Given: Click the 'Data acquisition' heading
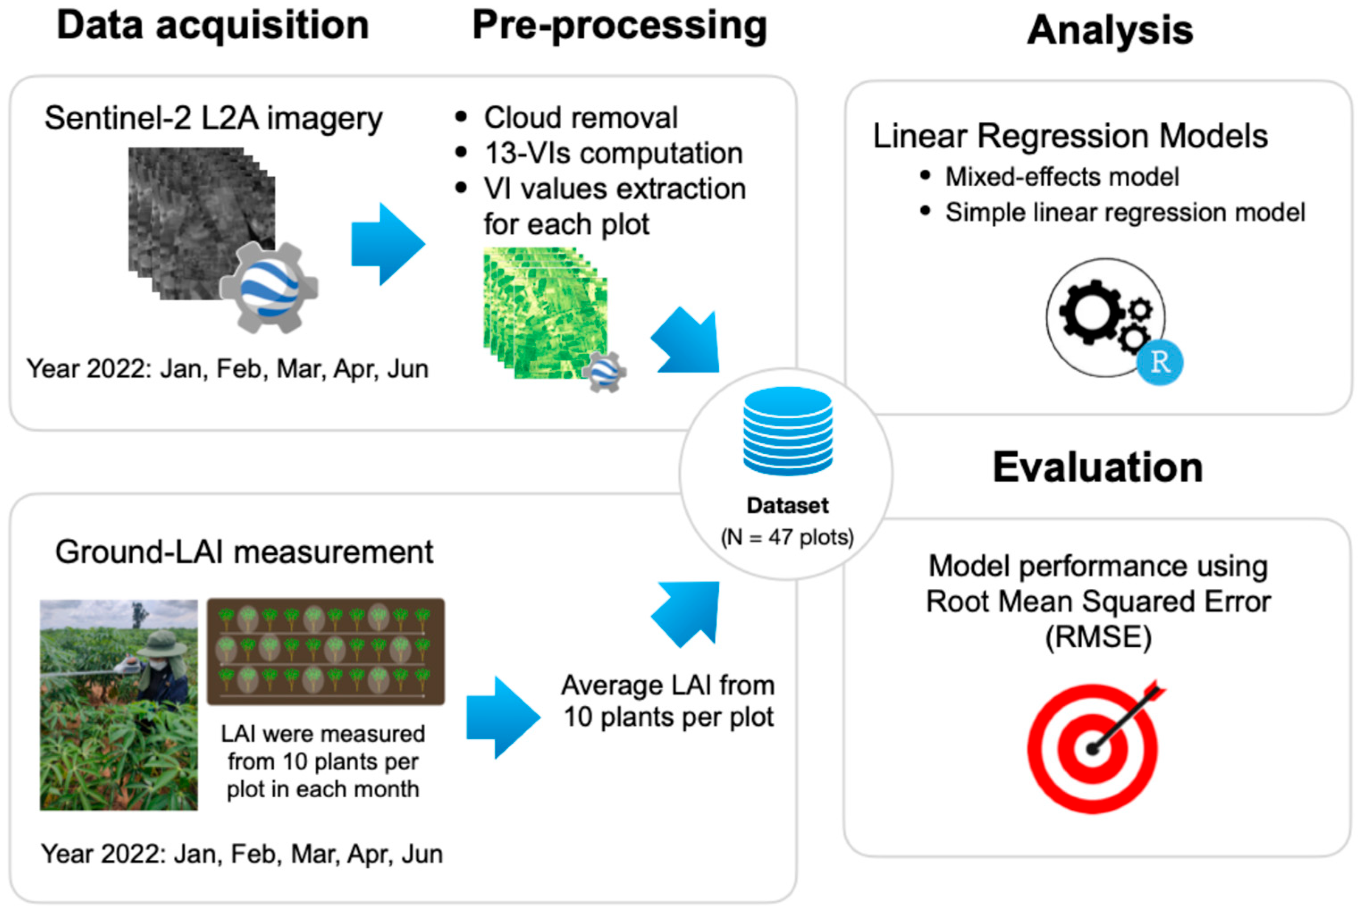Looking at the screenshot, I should tap(213, 26).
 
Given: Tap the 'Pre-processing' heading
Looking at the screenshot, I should tap(619, 26).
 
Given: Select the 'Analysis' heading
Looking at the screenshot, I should tap(1110, 30).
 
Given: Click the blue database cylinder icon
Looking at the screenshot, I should tap(788, 431).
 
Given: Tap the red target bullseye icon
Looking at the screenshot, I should tap(1092, 749).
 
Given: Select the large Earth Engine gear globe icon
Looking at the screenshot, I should tap(269, 287).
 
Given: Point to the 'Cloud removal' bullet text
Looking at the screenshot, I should tap(580, 117).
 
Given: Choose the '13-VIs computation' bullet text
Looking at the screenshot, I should tap(613, 154).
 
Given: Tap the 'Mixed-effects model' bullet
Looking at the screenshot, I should tap(1061, 177).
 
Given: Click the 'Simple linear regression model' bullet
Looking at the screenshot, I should tap(1124, 212).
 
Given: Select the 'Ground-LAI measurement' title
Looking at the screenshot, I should tap(244, 551).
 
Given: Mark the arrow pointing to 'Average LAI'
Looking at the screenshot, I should tap(503, 717).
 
